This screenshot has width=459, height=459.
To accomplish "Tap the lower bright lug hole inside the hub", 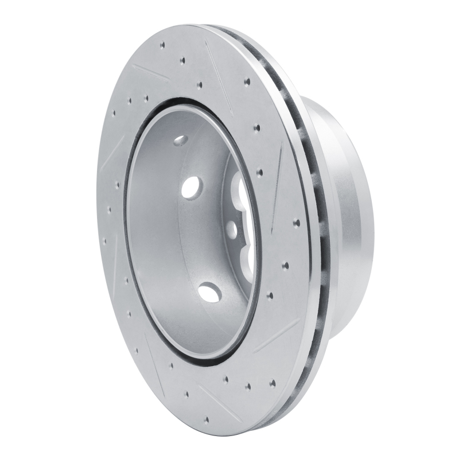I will coord(209,293).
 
